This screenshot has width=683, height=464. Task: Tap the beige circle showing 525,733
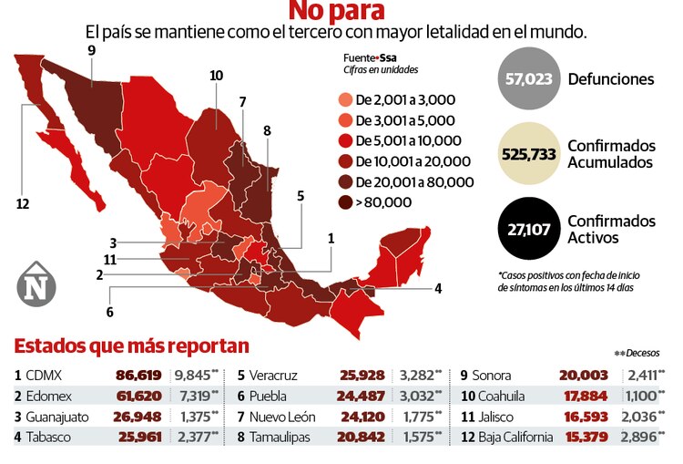point(528,154)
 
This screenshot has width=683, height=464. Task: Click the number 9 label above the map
point(91,50)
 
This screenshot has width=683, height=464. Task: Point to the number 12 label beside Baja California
point(23,203)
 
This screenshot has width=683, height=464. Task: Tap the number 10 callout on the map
point(216,76)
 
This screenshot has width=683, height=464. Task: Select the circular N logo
point(36,286)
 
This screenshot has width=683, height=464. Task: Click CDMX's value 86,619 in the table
point(138,375)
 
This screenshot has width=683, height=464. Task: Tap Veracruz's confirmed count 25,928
point(364,375)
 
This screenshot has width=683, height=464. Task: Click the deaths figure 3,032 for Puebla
point(419,396)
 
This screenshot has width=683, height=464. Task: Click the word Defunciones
point(610,79)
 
